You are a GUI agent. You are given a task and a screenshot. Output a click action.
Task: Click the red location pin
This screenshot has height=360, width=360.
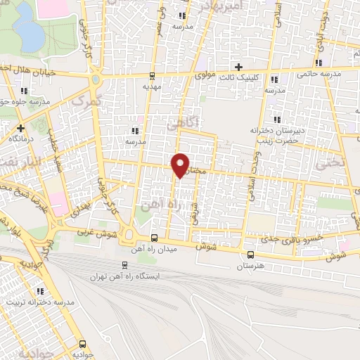(x=181, y=165)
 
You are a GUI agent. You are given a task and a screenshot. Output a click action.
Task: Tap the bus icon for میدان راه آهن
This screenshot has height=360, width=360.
(x=155, y=237)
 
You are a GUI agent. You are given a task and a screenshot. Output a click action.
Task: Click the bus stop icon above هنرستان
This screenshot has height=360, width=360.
(x=251, y=255)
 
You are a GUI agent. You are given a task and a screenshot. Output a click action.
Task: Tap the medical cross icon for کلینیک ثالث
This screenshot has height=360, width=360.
(x=239, y=67)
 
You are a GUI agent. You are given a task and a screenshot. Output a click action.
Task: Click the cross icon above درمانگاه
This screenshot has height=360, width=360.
(x=21, y=128)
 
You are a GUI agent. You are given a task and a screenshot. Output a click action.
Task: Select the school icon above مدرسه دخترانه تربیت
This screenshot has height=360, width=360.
(x=39, y=291)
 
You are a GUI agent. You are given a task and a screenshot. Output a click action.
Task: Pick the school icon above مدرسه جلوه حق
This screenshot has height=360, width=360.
(x=25, y=90)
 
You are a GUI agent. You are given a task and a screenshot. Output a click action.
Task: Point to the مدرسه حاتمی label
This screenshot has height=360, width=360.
(x=319, y=73)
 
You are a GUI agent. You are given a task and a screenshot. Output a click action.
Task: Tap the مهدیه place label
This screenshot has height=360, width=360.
(x=152, y=86)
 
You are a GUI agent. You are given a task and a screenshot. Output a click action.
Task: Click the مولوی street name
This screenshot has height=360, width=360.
(x=204, y=73)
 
